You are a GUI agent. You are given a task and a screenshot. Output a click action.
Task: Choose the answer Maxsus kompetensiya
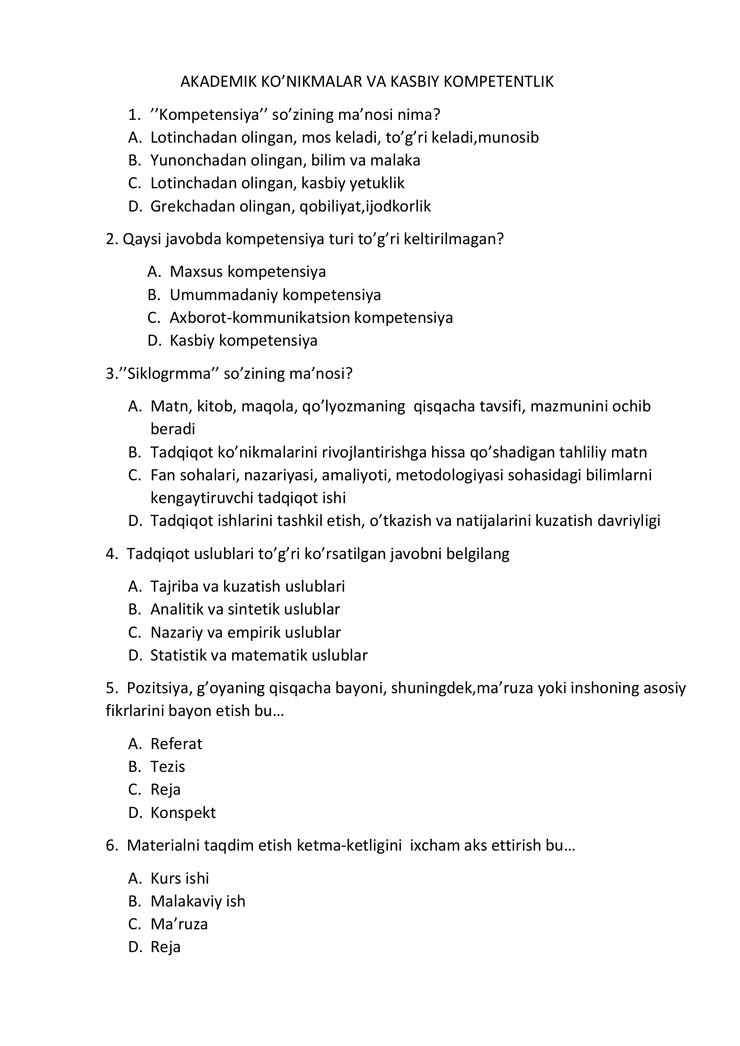[x=247, y=272]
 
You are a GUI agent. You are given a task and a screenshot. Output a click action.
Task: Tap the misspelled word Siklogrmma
[x=170, y=373]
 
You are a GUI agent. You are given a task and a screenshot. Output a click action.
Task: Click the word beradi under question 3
[x=173, y=429]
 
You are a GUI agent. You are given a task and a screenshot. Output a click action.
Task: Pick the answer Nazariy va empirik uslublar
[x=245, y=632]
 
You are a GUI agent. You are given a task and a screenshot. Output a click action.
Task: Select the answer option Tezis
[x=168, y=767]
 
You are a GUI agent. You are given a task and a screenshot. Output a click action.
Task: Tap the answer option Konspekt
[x=183, y=813]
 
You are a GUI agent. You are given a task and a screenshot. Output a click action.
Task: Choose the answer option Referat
[x=176, y=744]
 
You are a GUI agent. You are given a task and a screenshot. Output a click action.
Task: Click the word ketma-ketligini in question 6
[x=349, y=846]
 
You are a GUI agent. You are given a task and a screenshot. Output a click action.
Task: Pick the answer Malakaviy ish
[x=198, y=901]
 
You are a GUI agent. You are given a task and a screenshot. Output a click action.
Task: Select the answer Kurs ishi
[x=179, y=878]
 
